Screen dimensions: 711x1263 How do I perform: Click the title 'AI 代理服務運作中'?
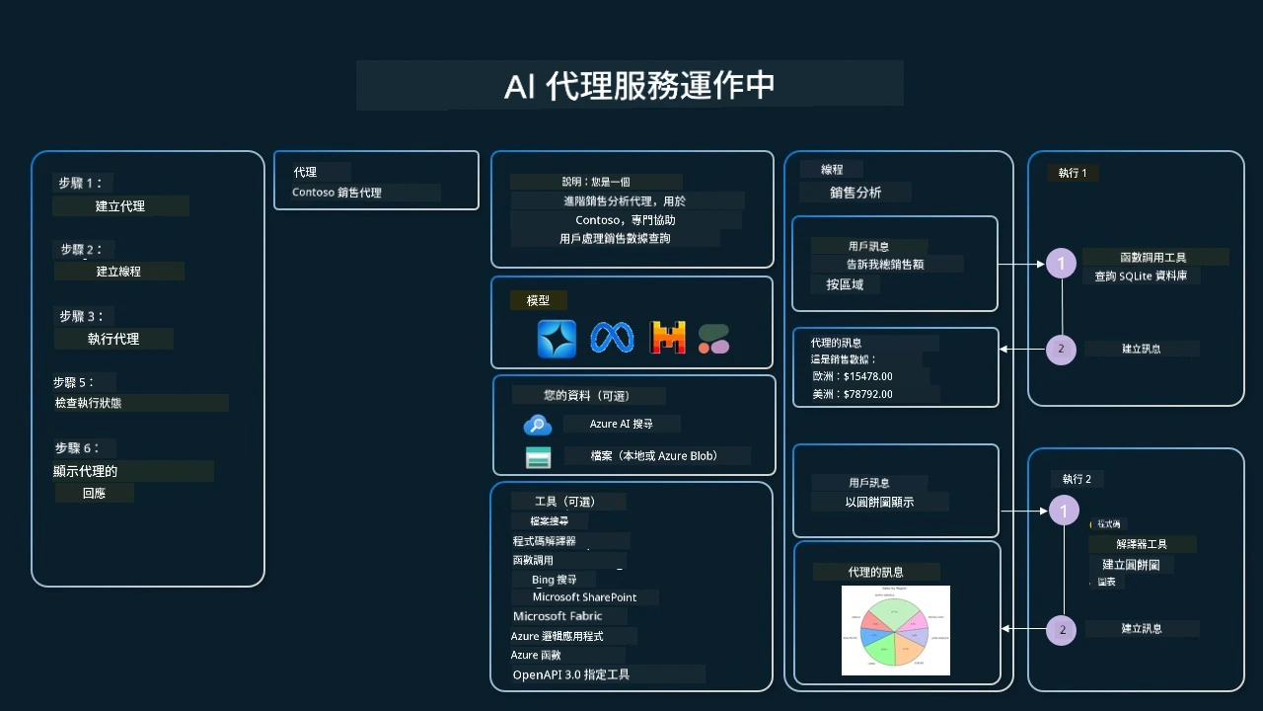638,86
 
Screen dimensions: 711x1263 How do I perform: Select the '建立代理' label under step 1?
120,206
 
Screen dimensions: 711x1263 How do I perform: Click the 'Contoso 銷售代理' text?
336,193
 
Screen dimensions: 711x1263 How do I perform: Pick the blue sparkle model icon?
557,339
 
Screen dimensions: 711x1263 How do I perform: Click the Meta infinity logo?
611,339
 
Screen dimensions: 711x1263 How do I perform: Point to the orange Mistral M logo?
667,339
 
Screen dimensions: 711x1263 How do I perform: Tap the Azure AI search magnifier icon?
537,425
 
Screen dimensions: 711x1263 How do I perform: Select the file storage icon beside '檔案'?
538,457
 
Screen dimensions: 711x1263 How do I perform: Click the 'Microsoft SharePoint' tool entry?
584,597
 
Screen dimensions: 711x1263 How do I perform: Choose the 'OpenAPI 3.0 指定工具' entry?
570,675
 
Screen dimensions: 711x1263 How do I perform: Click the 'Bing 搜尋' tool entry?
554,580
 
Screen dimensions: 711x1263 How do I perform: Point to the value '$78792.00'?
868,394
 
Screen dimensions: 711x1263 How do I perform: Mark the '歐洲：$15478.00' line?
852,376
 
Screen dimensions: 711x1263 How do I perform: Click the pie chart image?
896,630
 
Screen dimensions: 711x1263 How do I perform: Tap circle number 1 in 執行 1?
1062,264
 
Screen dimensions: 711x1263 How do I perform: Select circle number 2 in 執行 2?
1062,629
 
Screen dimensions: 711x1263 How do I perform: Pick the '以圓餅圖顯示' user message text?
879,502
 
